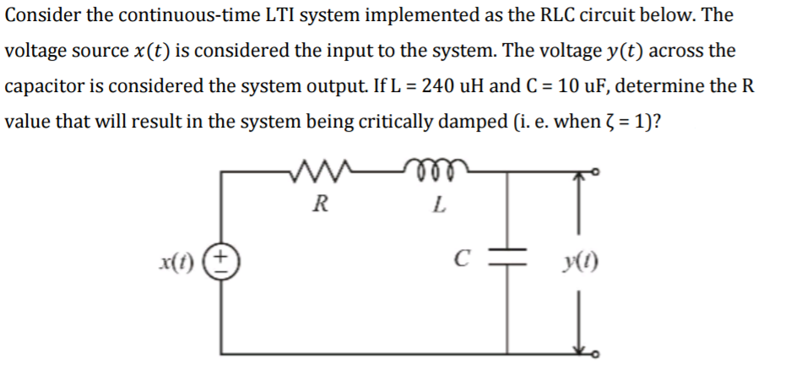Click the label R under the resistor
(x=317, y=204)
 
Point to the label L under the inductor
(x=437, y=204)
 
